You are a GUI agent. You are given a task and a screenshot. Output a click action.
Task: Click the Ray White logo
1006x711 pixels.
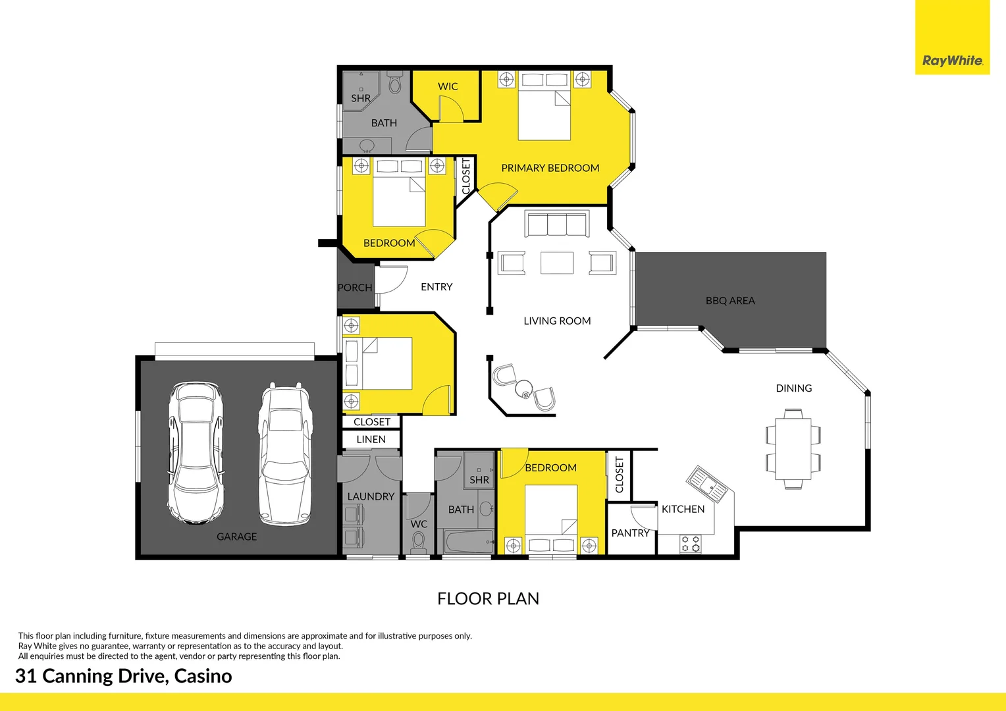tap(952, 61)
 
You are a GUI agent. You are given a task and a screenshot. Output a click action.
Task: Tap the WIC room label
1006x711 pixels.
tap(448, 86)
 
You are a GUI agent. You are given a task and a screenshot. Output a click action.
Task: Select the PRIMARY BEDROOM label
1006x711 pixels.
tap(550, 168)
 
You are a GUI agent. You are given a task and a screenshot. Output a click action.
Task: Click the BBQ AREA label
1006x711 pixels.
tap(730, 300)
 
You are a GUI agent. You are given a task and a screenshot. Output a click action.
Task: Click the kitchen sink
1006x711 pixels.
tap(708, 485)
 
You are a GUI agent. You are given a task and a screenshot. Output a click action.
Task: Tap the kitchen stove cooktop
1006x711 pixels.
tap(690, 544)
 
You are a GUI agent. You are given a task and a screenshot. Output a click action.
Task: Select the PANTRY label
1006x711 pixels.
tap(630, 533)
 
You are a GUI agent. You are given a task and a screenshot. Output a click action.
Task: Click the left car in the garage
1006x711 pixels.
tap(195, 453)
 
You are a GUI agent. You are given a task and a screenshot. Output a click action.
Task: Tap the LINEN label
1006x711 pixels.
tap(371, 439)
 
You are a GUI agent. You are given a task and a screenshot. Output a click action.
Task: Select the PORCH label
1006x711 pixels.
tap(355, 288)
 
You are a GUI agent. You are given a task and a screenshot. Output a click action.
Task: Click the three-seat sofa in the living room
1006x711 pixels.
tap(556, 224)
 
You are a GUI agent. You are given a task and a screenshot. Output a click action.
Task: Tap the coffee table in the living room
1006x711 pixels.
tap(557, 263)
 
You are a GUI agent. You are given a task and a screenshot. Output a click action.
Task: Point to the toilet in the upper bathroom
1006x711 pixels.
tap(395, 84)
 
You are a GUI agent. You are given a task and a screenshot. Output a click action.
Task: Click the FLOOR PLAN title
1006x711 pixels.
tap(488, 598)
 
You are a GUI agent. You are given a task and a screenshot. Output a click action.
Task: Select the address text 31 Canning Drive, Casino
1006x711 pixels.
tap(124, 676)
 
